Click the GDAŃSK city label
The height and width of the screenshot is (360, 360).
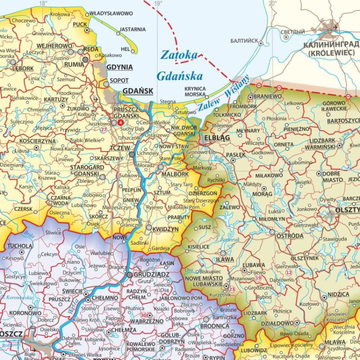click(138, 91)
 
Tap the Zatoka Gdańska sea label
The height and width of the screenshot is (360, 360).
click(180, 65)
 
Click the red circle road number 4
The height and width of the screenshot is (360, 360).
click(120, 122)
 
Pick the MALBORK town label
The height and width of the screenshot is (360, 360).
click(175, 174)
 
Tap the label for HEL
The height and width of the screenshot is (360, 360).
click(125, 49)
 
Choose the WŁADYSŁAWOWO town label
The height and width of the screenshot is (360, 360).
click(111, 13)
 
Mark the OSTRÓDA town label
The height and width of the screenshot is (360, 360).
click(290, 236)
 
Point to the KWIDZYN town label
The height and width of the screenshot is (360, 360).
click(166, 229)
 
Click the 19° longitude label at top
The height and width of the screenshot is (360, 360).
click(158, 3)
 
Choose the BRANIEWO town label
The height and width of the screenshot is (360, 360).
click(268, 96)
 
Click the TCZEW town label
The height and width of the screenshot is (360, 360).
click(120, 148)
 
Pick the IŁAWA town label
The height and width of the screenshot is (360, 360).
click(225, 260)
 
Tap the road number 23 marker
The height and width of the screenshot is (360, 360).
click(232, 289)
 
